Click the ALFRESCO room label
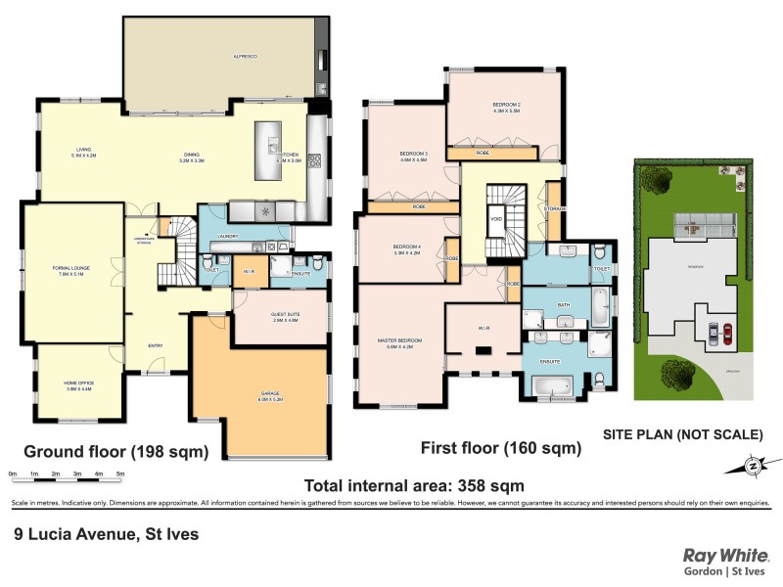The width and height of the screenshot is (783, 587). pos(245,58)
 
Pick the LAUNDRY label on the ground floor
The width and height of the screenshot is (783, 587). pos(228,236)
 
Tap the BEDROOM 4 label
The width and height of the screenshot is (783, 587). pos(406,248)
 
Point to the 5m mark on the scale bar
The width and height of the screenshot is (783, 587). pos(121,474)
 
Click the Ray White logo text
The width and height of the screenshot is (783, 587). pos(726,554)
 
